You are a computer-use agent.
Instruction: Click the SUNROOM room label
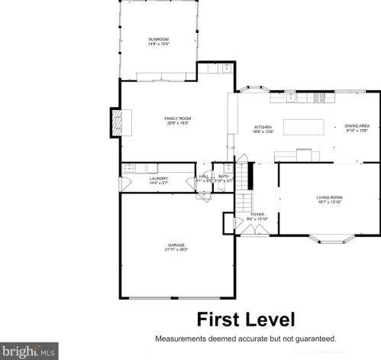158,39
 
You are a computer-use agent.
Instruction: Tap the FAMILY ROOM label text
177,118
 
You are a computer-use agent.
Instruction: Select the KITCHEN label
263,127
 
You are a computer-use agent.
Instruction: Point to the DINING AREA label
357,127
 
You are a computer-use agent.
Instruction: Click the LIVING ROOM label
330,198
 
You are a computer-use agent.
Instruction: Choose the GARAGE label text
176,245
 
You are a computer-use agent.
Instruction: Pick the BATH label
224,177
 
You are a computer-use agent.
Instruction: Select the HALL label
204,177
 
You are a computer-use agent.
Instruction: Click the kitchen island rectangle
305,127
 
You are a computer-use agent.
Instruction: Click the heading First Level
246,319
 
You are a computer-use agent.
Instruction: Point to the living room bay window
330,238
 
